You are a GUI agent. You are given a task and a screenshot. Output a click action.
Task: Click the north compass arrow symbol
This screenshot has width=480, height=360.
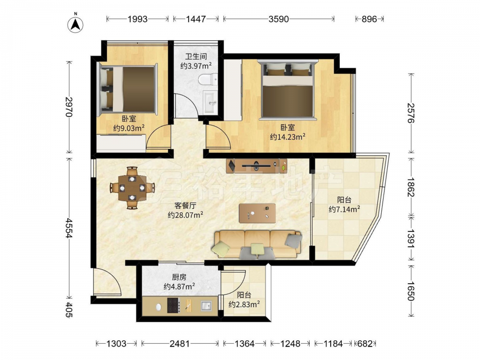click(76, 24)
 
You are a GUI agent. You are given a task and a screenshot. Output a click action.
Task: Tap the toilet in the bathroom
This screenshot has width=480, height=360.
click(208, 80)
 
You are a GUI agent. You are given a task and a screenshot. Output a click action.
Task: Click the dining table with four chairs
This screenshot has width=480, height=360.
click(132, 188)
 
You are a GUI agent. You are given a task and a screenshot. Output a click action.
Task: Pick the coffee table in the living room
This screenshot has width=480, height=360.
click(257, 213)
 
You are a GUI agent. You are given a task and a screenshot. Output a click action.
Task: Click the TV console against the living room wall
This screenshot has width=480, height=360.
click(257, 166)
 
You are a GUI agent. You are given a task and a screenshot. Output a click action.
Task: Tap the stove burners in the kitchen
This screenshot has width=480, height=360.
click(173, 305)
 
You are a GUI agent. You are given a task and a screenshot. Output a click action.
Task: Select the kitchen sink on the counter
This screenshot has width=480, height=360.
click(206, 305)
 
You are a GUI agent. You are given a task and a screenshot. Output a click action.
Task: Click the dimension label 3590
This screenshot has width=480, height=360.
click(278, 19)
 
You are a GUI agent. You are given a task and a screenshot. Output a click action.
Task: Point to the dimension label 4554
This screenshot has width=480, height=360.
click(69, 228)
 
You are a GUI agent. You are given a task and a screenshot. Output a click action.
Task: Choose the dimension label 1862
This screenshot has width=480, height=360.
click(411, 187)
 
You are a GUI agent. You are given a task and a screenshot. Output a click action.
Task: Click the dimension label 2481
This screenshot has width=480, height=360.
click(180, 344)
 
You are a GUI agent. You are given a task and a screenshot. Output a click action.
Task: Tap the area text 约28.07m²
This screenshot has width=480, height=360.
click(185, 215)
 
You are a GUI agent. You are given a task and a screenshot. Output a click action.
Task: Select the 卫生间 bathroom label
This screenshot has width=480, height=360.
click(196, 56)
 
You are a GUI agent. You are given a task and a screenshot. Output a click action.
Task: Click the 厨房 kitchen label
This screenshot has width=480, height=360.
click(179, 277)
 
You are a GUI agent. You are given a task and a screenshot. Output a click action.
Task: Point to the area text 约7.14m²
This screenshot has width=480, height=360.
click(344, 209)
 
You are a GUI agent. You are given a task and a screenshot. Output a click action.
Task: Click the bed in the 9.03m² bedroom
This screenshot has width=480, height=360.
click(127, 90)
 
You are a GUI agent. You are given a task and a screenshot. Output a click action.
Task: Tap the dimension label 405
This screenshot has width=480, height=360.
click(69, 310)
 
